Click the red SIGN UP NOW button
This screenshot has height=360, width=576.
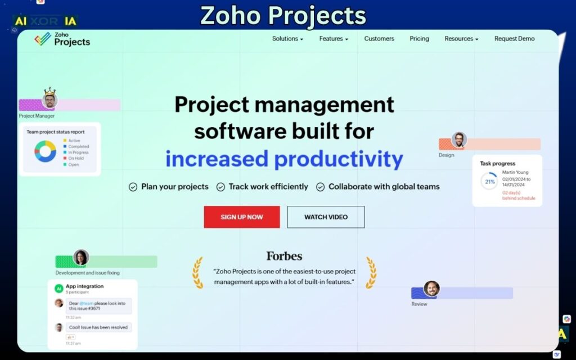(241, 217)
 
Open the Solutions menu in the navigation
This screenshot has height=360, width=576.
(287, 39)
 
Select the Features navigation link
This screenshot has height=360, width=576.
(334, 39)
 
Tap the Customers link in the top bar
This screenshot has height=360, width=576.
(379, 39)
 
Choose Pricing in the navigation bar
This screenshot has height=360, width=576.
(419, 39)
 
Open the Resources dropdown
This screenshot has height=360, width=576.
(461, 39)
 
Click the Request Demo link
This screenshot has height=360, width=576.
(514, 39)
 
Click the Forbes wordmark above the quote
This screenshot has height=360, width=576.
(284, 256)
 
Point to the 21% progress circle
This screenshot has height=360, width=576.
(489, 182)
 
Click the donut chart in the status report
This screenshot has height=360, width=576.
(45, 151)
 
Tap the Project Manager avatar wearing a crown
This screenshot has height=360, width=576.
(49, 100)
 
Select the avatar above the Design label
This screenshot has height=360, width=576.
(459, 140)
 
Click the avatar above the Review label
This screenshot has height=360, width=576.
(431, 289)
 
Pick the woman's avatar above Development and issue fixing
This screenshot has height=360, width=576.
(81, 258)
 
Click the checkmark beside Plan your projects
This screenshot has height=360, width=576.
(133, 187)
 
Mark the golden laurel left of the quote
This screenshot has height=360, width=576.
(198, 273)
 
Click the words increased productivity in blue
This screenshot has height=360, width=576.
(284, 159)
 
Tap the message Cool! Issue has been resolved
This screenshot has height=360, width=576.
(98, 327)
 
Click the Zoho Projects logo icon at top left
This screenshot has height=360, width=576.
(42, 39)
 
